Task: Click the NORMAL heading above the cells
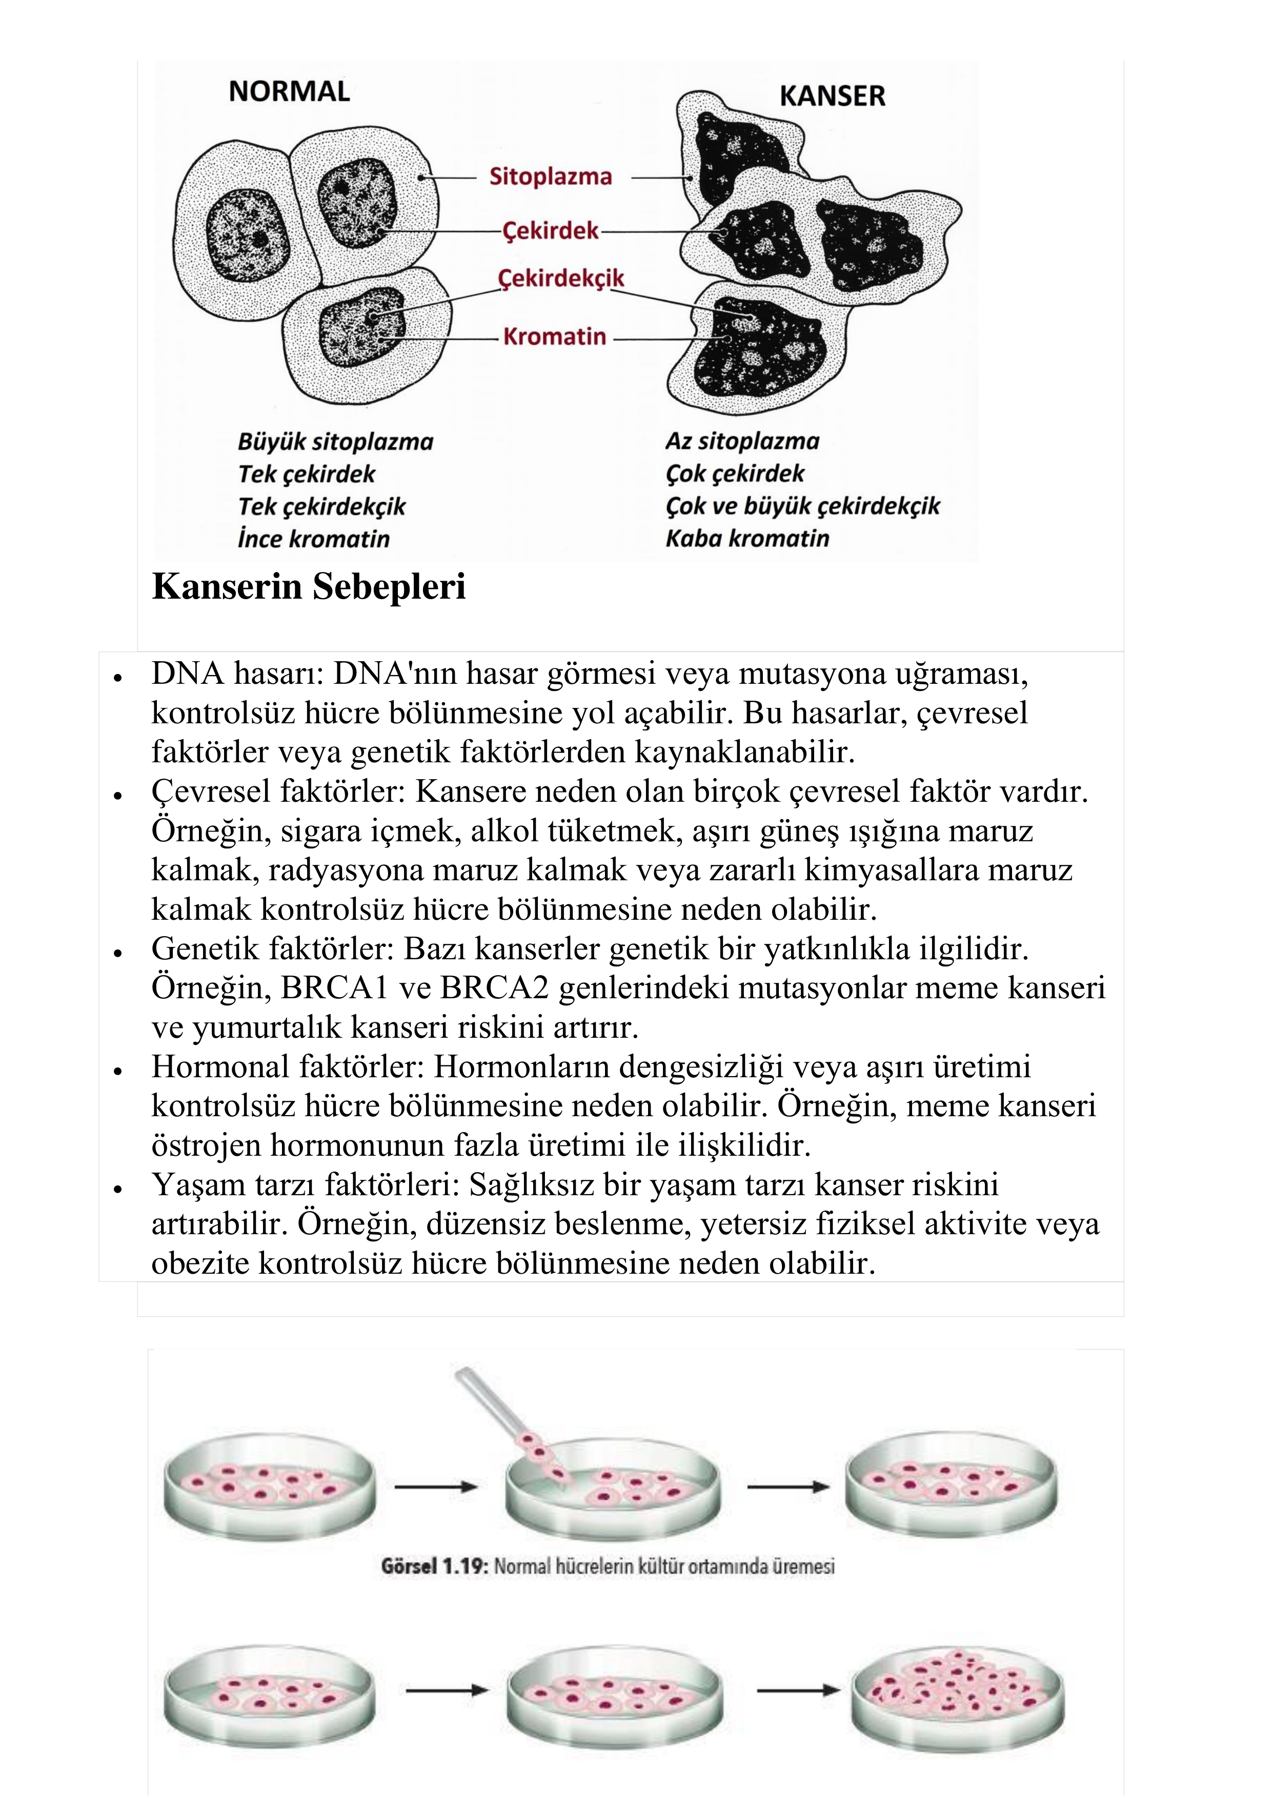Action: point(289,92)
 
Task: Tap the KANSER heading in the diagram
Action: point(832,96)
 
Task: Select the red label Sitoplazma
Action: point(550,176)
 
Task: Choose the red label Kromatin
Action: point(554,337)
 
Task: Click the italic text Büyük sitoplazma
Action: point(335,442)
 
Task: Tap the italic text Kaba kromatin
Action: point(747,539)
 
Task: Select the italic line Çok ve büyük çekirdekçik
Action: point(802,506)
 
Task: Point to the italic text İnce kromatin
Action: point(313,539)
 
